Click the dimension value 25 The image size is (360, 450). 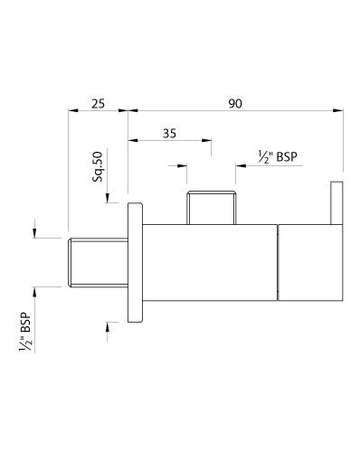click(x=98, y=105)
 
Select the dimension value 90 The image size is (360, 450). click(x=234, y=105)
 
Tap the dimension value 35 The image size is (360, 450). click(x=169, y=132)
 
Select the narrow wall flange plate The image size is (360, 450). click(x=137, y=262)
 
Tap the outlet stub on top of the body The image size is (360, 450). click(x=211, y=207)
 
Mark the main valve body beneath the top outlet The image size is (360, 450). click(x=208, y=262)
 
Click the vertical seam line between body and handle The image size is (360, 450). click(x=277, y=262)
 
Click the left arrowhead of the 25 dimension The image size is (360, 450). click(x=73, y=112)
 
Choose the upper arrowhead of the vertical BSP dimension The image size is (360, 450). click(x=36, y=233)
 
